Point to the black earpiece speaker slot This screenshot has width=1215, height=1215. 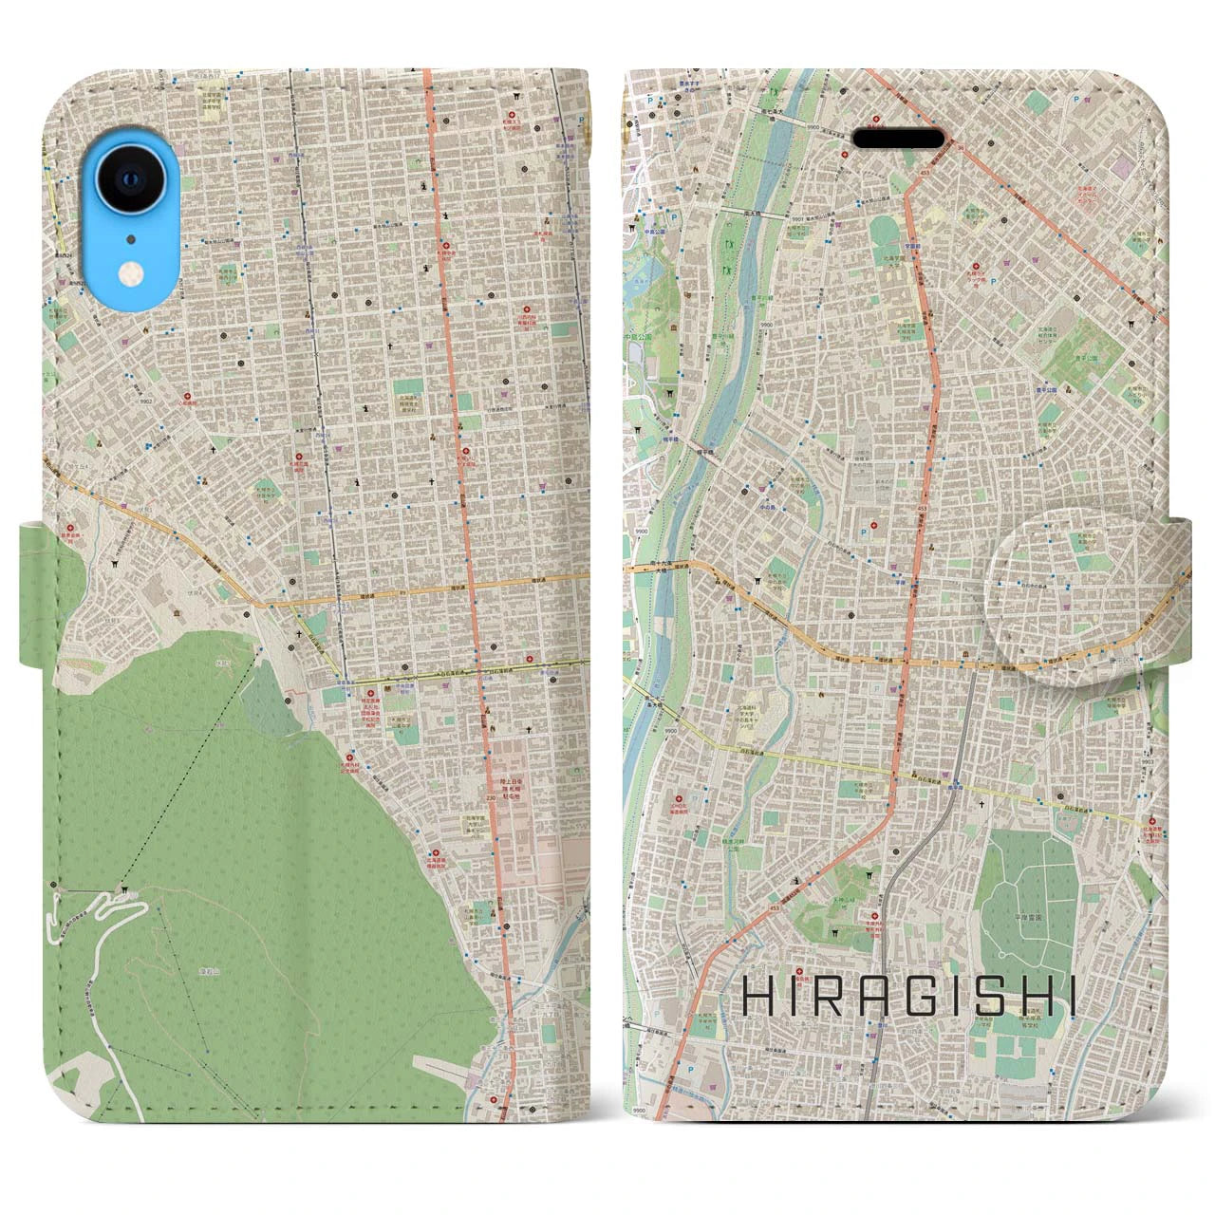[899, 138]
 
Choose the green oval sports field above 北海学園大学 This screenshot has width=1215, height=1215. [885, 229]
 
